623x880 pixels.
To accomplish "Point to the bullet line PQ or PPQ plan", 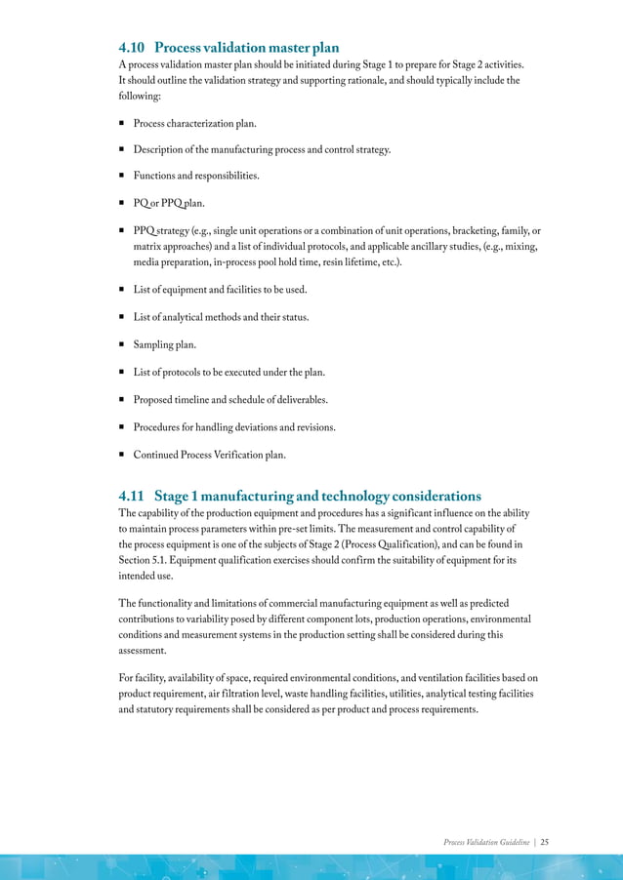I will coord(169,203).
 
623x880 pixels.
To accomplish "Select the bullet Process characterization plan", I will coord(195,123).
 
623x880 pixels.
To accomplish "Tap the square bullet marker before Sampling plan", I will coord(121,344).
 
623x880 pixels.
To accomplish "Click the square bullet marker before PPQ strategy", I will coord(121,230).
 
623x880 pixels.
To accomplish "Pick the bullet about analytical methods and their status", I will coord(221,317).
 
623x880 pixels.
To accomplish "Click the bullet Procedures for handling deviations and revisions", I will coord(234,427).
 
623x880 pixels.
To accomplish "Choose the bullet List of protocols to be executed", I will coord(229,373).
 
